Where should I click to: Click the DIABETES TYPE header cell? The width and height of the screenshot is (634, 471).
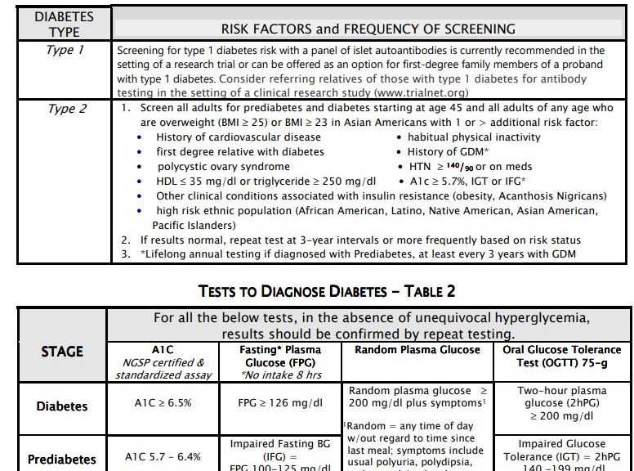point(63,24)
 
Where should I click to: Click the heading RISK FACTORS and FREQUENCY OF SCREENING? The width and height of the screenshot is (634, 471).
point(368,29)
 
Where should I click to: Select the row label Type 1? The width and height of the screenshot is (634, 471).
point(65,51)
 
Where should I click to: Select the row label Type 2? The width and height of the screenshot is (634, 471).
point(65,110)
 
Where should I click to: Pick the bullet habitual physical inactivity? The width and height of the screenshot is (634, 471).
point(474,137)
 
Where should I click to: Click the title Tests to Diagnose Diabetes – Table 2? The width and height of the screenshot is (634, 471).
point(327,292)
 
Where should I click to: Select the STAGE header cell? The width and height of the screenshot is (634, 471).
point(62,352)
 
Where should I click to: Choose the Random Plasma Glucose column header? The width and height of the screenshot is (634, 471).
point(417,349)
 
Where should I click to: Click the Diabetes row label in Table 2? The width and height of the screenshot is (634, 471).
point(62,406)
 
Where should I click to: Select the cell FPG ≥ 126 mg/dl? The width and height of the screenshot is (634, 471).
point(279,402)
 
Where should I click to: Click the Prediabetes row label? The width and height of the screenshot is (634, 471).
point(62,459)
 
